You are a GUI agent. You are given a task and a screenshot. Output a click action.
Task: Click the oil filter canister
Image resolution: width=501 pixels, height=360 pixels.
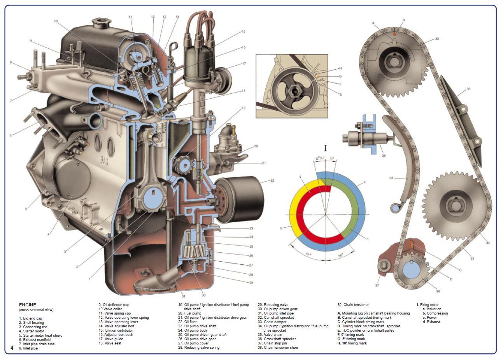(240, 199)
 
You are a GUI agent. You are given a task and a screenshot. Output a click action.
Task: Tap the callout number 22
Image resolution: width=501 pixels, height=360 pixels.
(272, 180)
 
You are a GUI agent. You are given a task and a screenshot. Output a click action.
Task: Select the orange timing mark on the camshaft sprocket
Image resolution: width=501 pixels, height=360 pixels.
(395, 34)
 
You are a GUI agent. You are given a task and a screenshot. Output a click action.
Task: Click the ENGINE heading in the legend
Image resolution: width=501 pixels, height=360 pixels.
(28, 305)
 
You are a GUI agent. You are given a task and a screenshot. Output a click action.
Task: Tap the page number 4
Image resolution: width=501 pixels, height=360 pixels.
(12, 348)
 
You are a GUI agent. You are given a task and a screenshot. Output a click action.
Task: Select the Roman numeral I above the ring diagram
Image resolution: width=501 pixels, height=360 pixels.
(326, 148)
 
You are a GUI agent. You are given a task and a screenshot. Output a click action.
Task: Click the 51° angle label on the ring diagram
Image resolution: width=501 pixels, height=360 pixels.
(309, 254)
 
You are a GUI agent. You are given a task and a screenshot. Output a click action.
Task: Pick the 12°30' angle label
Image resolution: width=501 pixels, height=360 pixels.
(320, 158)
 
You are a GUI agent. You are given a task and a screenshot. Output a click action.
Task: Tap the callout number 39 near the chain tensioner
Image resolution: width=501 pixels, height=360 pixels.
(384, 156)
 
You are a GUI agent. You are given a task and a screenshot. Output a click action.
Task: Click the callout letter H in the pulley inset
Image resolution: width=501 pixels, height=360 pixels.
(340, 68)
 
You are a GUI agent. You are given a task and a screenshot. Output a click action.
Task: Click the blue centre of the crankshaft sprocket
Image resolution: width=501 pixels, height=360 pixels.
(412, 270)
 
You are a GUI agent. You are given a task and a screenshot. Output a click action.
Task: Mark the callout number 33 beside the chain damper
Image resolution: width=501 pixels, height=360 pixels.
(468, 89)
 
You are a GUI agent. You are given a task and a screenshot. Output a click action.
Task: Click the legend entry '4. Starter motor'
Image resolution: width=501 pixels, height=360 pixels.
(32, 331)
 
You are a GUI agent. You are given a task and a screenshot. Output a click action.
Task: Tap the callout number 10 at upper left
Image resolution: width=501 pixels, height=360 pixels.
(56, 21)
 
